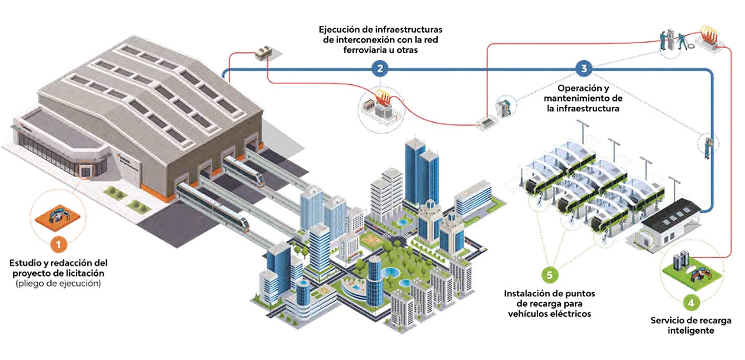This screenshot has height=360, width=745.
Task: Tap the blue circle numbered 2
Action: pyautogui.click(x=379, y=68)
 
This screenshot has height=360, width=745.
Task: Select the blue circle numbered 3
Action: pyautogui.click(x=584, y=68)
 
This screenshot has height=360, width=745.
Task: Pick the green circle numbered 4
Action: pyautogui.click(x=691, y=303)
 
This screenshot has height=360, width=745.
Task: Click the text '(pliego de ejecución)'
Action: pyautogui.click(x=58, y=283)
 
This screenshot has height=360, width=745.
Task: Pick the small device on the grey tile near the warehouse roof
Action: pyautogui.click(x=265, y=52)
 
